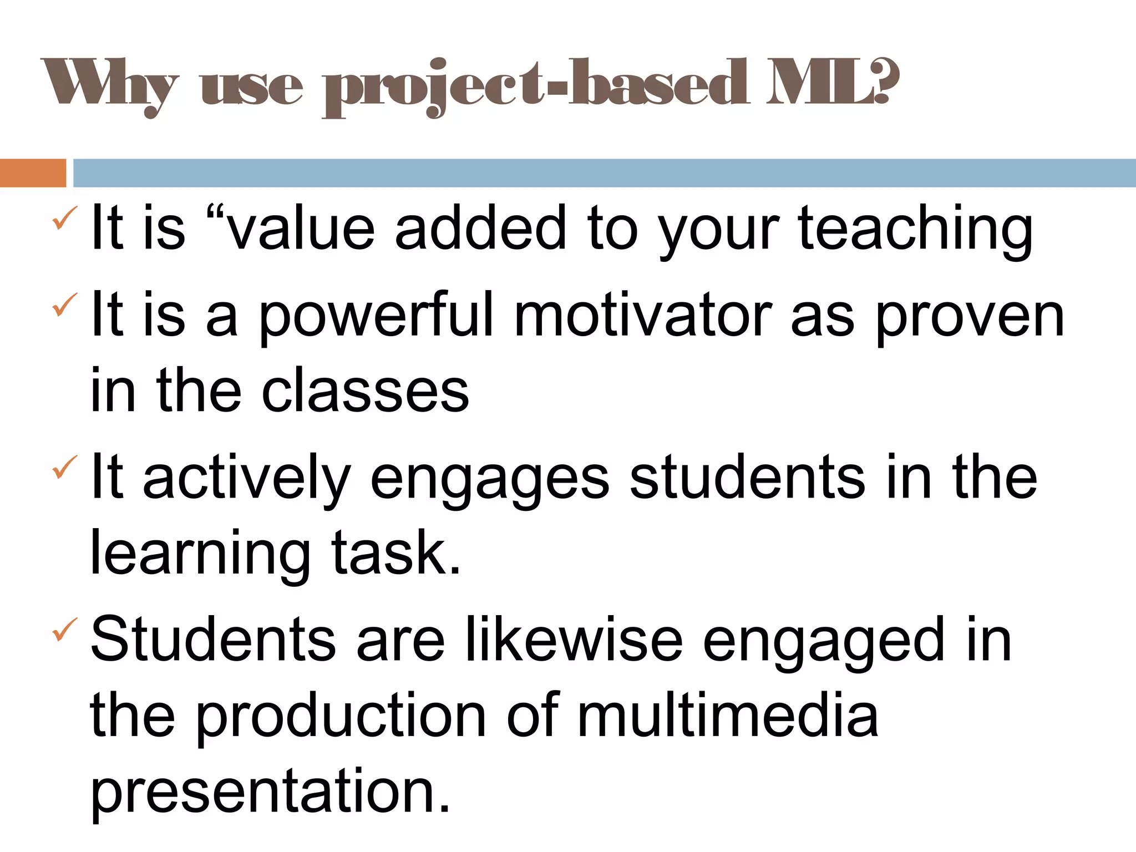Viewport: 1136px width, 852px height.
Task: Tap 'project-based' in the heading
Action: (535, 86)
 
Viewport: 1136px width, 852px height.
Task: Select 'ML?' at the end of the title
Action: (832, 83)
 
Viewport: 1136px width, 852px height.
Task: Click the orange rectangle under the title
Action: (33, 173)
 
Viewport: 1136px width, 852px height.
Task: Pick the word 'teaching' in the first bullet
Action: (915, 229)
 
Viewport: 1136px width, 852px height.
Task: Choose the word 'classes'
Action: (366, 391)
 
